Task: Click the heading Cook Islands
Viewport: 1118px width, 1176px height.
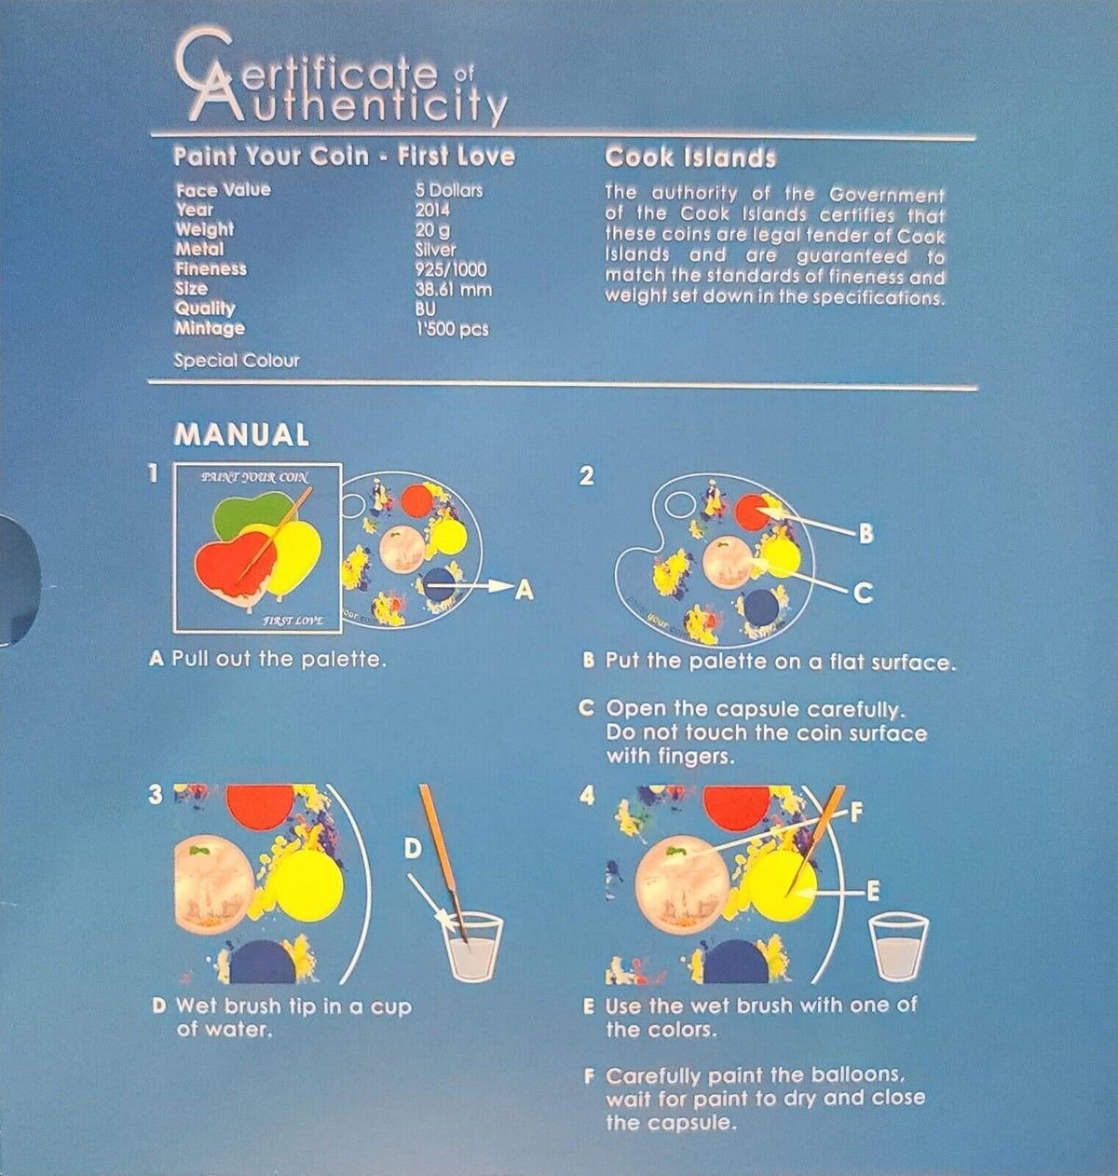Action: coord(690,157)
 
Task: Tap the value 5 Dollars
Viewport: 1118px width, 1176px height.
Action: coord(449,191)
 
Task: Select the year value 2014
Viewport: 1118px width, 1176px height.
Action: coord(432,211)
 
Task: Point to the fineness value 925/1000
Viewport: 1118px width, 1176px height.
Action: coord(451,270)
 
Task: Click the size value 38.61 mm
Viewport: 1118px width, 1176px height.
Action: coord(454,290)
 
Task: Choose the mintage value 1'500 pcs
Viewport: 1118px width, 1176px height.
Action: coord(452,329)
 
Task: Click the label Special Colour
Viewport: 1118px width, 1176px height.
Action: coord(237,361)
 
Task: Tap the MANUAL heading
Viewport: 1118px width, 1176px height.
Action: coord(241,435)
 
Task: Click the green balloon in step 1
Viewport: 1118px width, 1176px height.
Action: coord(252,513)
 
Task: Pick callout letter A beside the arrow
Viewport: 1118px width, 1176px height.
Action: coord(524,590)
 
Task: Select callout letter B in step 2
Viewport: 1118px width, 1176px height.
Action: coord(866,534)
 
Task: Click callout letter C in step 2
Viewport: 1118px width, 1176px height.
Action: coord(862,594)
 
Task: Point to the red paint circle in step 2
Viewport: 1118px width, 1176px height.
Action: coord(753,513)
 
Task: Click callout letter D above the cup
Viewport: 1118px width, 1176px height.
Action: coord(413,848)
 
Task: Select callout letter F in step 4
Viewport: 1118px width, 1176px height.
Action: coord(856,813)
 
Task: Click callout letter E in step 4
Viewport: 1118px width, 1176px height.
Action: coord(873,892)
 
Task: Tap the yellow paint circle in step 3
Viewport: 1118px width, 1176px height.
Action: coord(306,886)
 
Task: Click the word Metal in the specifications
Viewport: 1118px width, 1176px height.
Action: coord(199,250)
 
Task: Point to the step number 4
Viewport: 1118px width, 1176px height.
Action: coord(587,796)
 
